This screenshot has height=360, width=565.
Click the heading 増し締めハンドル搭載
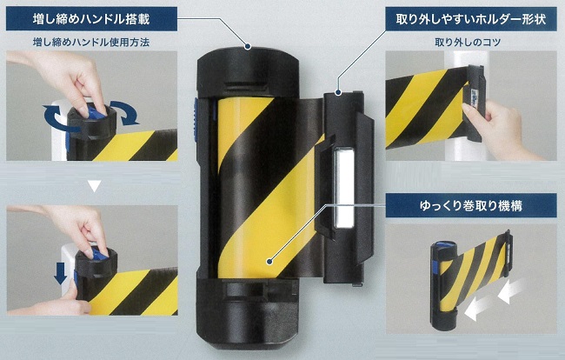(x=91, y=18)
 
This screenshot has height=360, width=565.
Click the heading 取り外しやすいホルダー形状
(x=471, y=19)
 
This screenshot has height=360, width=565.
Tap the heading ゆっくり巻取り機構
(x=471, y=205)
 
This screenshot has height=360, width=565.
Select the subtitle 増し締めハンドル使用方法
(x=91, y=43)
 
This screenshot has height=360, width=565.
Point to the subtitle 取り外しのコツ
(x=468, y=43)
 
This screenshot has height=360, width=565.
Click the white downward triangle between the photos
(x=95, y=185)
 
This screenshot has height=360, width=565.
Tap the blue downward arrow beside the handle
(x=60, y=273)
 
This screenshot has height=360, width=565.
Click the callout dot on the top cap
(x=248, y=46)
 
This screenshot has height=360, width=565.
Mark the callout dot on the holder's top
(x=338, y=93)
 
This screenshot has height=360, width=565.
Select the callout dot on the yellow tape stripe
(x=269, y=261)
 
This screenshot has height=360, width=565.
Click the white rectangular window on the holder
(x=344, y=189)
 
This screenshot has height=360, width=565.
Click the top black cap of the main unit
(x=248, y=72)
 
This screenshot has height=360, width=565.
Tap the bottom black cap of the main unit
(x=248, y=313)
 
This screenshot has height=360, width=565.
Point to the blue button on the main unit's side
(x=196, y=118)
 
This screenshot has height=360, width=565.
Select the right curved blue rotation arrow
(x=125, y=111)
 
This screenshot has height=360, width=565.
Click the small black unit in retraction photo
(x=443, y=284)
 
